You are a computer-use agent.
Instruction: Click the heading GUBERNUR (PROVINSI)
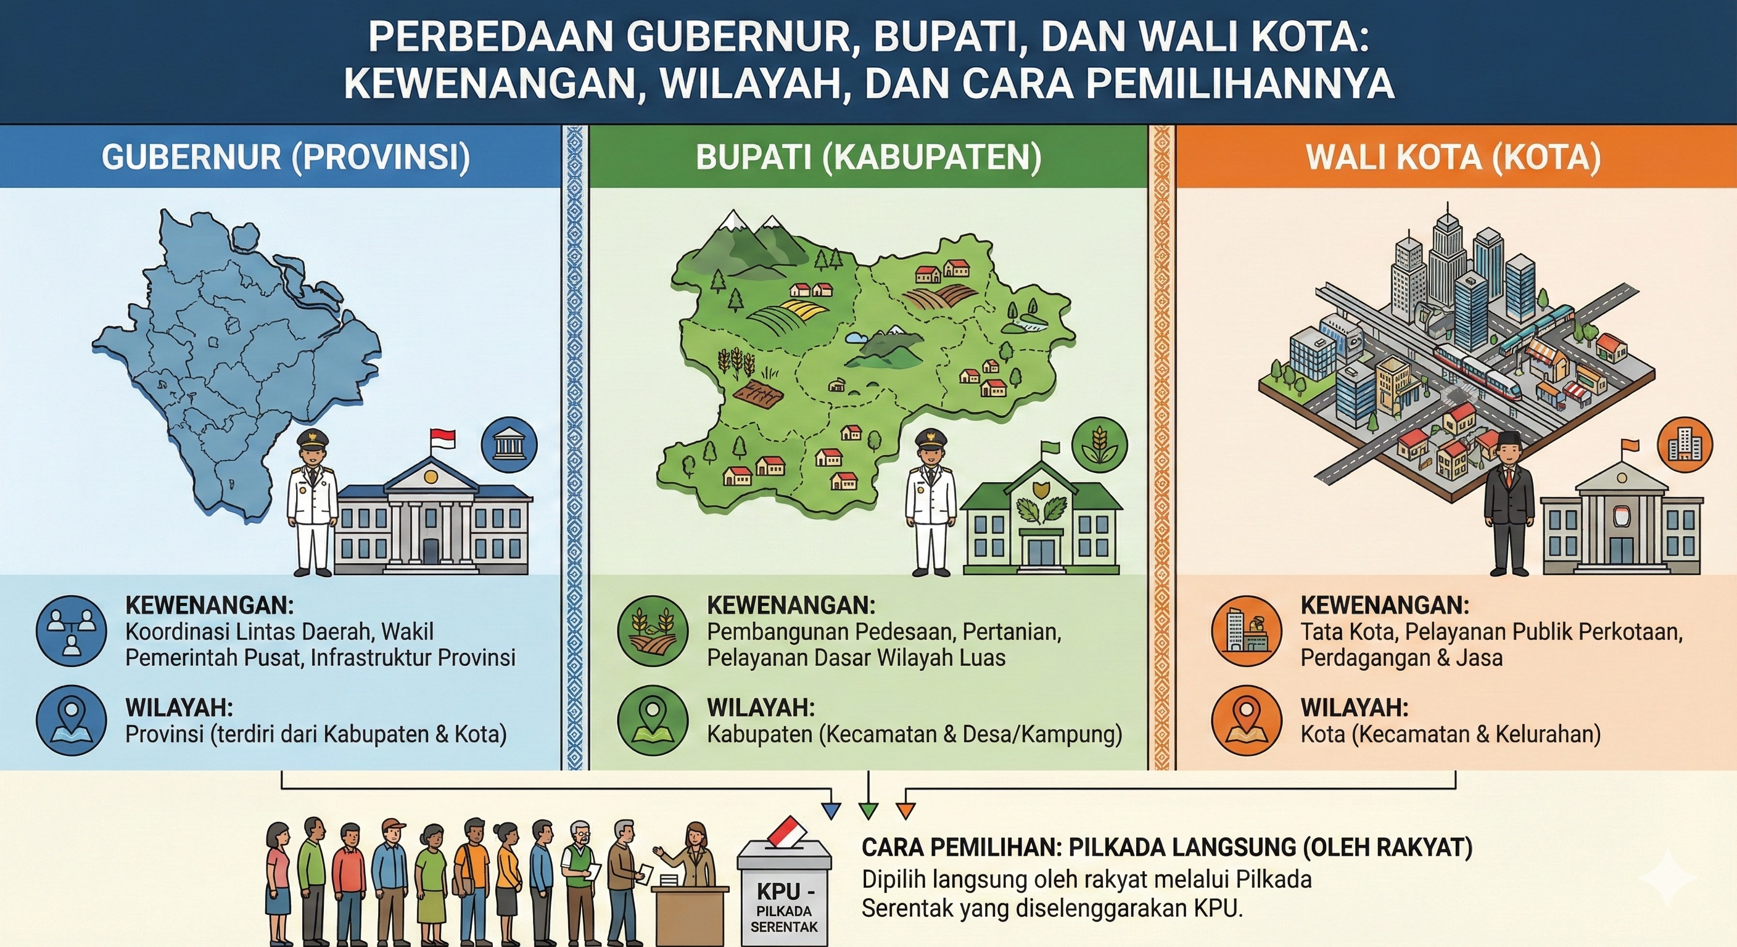point(286,157)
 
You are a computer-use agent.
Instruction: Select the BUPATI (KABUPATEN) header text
point(868,157)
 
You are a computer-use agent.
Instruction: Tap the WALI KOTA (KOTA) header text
point(1454,157)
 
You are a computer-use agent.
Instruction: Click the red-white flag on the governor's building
point(442,439)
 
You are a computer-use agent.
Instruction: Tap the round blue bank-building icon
point(509,446)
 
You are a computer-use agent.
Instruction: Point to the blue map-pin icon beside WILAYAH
point(72,721)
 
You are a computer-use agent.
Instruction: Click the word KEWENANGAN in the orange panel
point(1384,605)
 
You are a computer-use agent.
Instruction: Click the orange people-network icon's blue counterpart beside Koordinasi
point(72,630)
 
